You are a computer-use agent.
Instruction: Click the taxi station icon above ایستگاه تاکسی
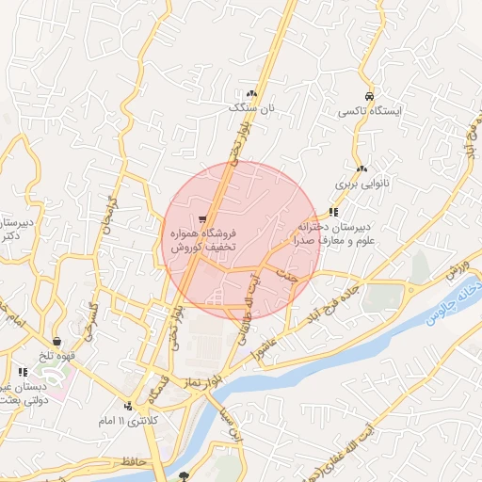pos(369,97)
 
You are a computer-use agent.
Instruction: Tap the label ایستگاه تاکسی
pos(370,112)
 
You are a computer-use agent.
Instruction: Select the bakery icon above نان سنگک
pos(251,94)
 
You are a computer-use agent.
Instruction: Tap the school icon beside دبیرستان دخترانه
pos(332,212)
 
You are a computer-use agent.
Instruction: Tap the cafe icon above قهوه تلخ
pos(58,341)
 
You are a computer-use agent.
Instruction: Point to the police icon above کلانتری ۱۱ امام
pos(129,406)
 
